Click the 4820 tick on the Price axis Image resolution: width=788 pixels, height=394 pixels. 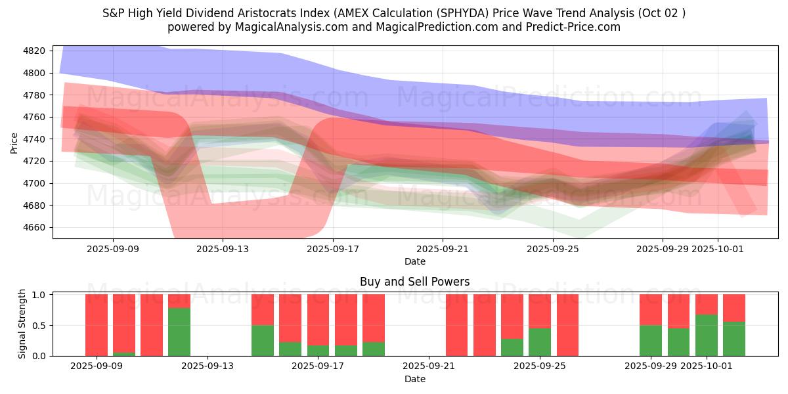click(x=34, y=51)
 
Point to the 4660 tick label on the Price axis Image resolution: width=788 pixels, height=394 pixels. click(x=34, y=227)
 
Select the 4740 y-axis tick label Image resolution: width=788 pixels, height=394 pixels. click(x=34, y=139)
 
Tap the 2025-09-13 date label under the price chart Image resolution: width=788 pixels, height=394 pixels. click(x=223, y=249)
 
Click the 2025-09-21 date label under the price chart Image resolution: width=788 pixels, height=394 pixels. click(x=443, y=249)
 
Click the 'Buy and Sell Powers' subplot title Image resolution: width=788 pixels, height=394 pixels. click(x=414, y=282)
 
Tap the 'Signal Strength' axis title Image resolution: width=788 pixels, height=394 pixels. click(x=22, y=324)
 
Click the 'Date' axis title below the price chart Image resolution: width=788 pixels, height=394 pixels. click(x=414, y=261)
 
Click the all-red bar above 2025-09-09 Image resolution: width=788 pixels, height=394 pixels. click(x=97, y=325)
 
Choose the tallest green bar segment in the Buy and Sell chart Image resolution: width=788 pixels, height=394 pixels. click(x=179, y=332)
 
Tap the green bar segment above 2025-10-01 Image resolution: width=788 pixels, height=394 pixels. click(x=707, y=336)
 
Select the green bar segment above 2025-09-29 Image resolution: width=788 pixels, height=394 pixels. click(x=651, y=341)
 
